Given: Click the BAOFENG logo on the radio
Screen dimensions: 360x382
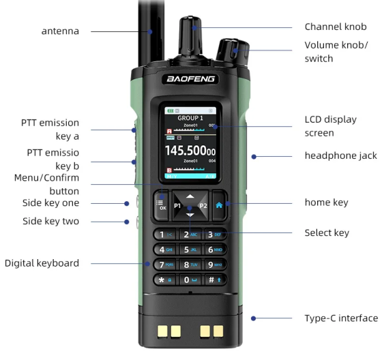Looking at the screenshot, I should [x=190, y=79].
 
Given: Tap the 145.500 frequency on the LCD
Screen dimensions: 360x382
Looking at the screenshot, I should [x=190, y=151].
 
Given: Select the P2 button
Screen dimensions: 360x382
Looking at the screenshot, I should [x=203, y=205].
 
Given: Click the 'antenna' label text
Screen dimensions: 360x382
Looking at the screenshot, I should [x=60, y=31].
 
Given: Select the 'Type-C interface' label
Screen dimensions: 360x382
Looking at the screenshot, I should [x=340, y=318].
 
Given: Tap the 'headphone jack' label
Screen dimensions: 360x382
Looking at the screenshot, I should [x=340, y=155].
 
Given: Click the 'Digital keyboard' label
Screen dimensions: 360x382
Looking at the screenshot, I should [x=42, y=263].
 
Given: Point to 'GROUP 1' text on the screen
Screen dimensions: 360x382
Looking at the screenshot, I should [x=190, y=117].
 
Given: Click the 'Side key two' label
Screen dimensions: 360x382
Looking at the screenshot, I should [x=50, y=222].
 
